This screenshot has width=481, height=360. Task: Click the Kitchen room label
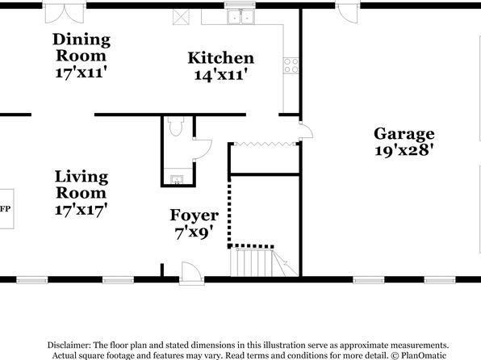(x=221, y=58)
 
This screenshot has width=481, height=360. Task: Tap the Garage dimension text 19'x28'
(x=404, y=150)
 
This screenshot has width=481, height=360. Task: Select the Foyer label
(x=194, y=216)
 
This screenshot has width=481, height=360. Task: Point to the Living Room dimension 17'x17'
(x=81, y=210)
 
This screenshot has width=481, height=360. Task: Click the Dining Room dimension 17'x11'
(x=81, y=73)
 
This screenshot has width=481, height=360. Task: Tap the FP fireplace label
(x=5, y=209)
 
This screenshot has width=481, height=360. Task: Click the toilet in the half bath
(x=176, y=126)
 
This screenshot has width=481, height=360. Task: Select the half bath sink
(x=177, y=179)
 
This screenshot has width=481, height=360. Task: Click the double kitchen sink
(x=240, y=17)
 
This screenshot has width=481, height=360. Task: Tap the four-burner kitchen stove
(x=291, y=65)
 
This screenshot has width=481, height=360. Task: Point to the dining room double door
(x=65, y=14)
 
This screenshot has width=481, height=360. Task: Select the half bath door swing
(x=202, y=149)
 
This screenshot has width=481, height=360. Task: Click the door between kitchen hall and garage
(x=306, y=131)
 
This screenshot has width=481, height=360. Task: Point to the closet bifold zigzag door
(x=265, y=144)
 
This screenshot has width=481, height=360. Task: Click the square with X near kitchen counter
(x=181, y=17)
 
